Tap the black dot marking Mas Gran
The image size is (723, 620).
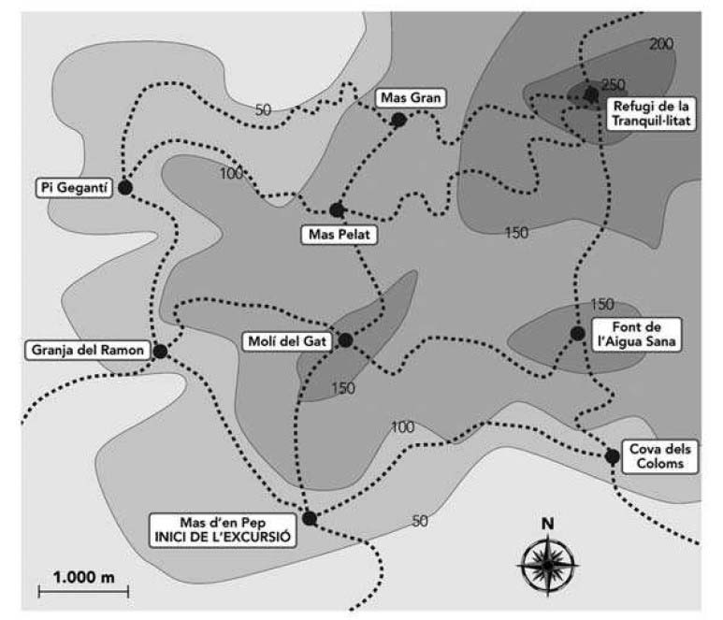[398, 120]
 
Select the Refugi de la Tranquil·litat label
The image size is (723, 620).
[650, 114]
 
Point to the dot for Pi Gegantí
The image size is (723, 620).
[124, 187]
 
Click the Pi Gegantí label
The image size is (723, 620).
[74, 187]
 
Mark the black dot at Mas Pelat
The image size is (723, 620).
[337, 209]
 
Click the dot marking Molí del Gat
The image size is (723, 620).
[345, 340]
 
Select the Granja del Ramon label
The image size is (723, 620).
[86, 351]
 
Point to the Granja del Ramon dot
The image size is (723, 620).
[160, 351]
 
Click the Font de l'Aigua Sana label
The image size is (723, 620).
[642, 334]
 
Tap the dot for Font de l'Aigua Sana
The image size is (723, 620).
[577, 333]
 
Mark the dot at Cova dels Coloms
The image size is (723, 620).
[612, 456]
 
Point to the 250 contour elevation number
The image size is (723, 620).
[614, 84]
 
